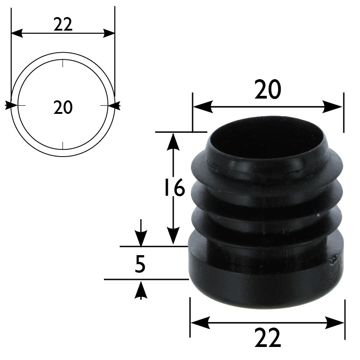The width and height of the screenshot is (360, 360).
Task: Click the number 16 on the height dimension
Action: pos(174,188)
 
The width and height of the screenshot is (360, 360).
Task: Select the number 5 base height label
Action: pos(140,265)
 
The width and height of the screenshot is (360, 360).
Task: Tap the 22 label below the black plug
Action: pos(267,338)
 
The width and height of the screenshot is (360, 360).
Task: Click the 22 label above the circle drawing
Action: pos(63,25)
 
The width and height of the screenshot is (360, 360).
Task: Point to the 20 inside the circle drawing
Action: pos(63,108)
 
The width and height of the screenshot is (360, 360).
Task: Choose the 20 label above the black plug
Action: pos(267,90)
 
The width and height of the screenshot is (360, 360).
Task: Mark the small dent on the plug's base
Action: pos(333,260)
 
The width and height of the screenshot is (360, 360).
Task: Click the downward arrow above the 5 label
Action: pos(141,238)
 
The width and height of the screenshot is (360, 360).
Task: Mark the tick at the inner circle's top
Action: pos(63,63)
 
